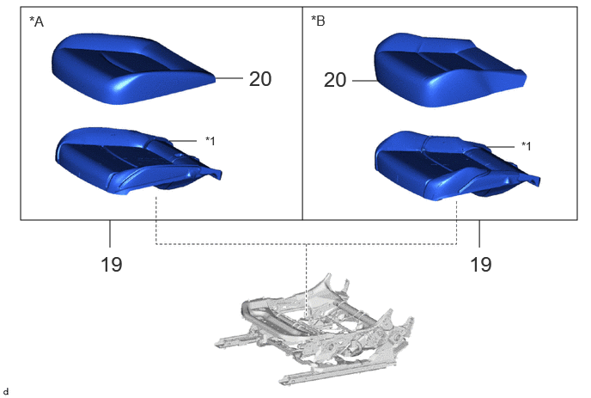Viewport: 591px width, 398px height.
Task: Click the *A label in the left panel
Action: tap(37, 21)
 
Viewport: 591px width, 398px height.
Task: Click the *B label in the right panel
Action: tap(318, 21)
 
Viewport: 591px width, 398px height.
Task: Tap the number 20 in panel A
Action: tap(260, 79)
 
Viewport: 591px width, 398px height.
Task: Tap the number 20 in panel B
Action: tap(335, 80)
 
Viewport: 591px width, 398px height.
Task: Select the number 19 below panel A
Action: tap(111, 264)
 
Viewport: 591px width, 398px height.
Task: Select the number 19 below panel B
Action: tap(480, 264)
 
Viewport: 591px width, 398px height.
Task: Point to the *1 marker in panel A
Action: tap(210, 141)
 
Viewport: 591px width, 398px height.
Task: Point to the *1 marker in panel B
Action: tap(527, 145)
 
